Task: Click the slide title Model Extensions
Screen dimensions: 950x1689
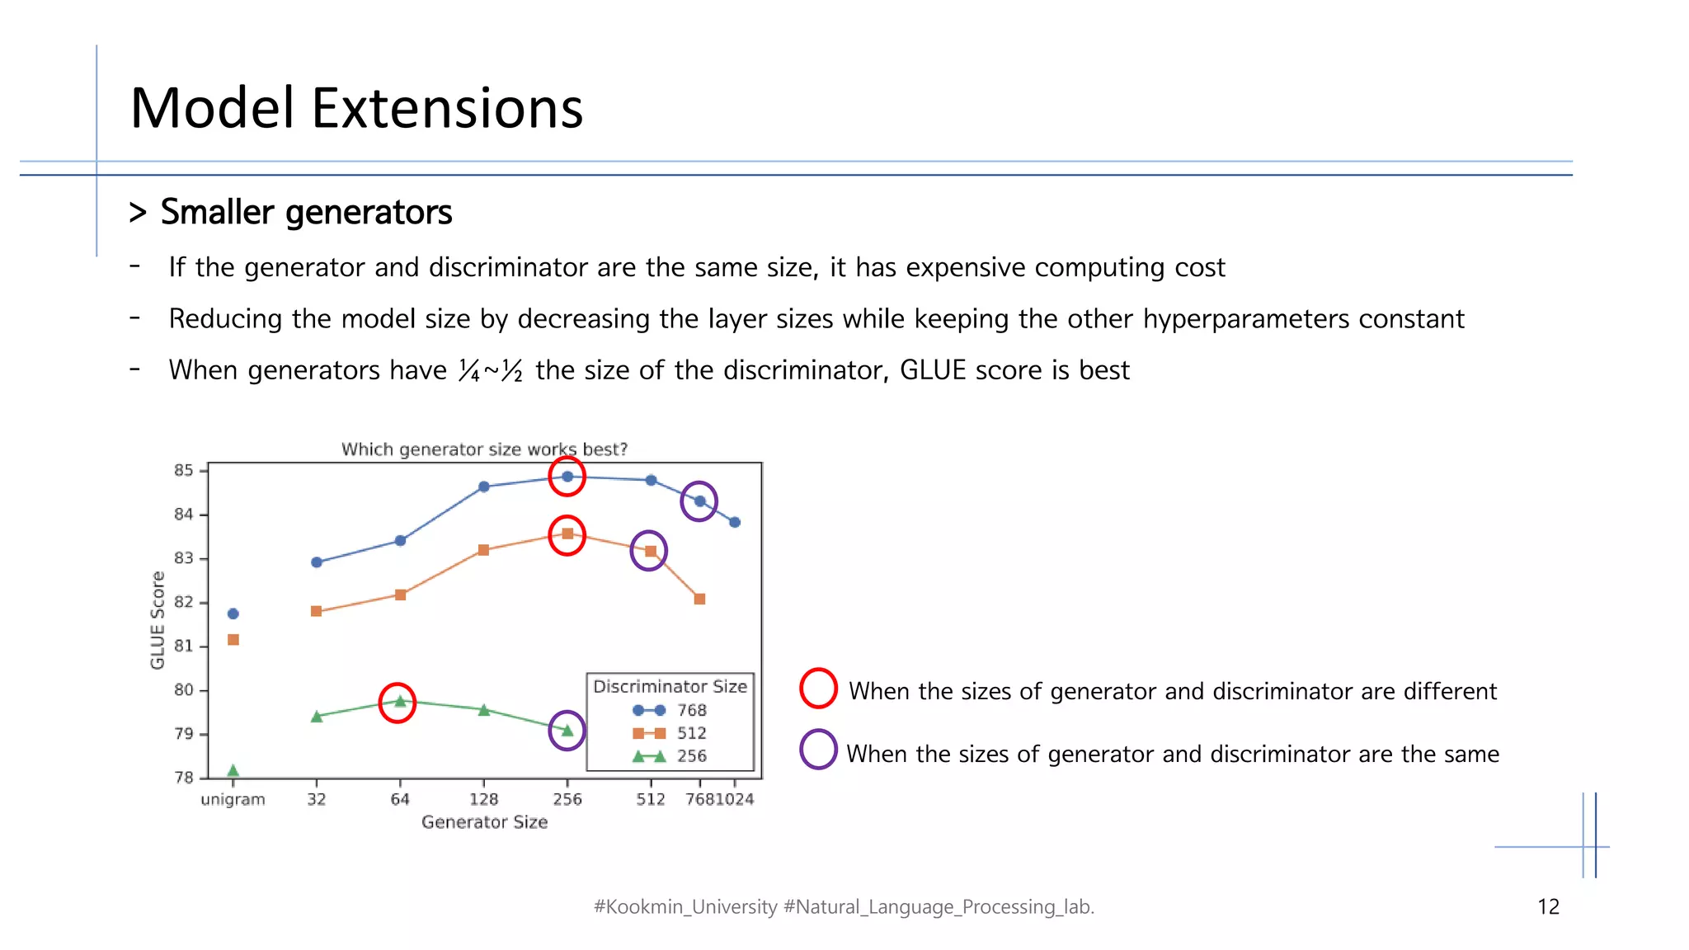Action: pos(356,108)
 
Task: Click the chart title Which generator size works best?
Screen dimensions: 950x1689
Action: pos(484,449)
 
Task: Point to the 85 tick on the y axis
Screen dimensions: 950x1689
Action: pos(183,470)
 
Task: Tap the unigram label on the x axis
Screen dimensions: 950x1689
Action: pos(233,799)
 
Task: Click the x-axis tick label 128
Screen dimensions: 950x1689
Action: pos(483,799)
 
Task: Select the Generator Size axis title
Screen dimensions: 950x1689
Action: pos(484,822)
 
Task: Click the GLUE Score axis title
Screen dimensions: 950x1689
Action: pos(158,620)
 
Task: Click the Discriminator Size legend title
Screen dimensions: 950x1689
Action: pos(670,686)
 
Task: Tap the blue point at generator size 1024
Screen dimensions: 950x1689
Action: pos(735,522)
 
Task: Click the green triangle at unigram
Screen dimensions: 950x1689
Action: pos(233,770)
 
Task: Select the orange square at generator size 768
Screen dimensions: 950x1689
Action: pos(699,599)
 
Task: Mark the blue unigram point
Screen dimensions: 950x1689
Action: pos(233,614)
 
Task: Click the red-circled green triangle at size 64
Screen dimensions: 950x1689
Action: pos(400,702)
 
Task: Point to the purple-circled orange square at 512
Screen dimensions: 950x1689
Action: pos(650,551)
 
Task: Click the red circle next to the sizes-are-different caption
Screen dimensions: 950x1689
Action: pos(818,689)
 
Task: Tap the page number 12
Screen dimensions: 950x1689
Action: pos(1548,907)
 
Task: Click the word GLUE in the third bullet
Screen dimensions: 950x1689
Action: pos(932,370)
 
